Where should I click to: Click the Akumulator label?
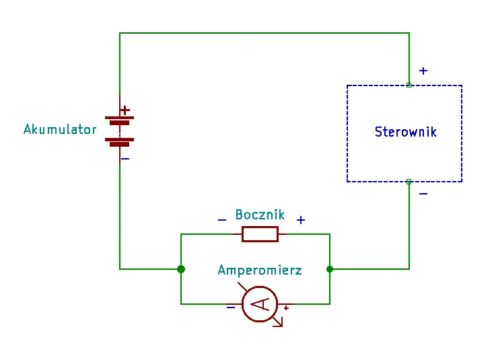coord(60,129)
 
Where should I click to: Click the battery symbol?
coord(120,130)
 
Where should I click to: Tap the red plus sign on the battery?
coord(125,110)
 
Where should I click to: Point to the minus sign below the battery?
coord(125,159)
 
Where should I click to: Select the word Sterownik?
coord(405,132)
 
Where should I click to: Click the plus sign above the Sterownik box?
coord(423,71)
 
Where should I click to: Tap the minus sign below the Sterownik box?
coord(423,194)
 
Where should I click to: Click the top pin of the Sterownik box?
coord(409,85)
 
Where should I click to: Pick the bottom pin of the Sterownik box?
coord(409,181)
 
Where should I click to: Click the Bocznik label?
coord(260,215)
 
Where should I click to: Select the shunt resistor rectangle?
coord(260,234)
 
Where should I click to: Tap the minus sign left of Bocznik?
coord(222,220)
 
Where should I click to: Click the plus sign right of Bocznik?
coord(301,220)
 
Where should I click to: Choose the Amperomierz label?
coord(260,271)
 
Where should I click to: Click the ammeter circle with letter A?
coord(260,304)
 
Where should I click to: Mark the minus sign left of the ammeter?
coord(231,308)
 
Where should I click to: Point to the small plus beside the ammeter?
coord(286,308)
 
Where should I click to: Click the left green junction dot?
coord(181,269)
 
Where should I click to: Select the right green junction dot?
coord(330,269)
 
